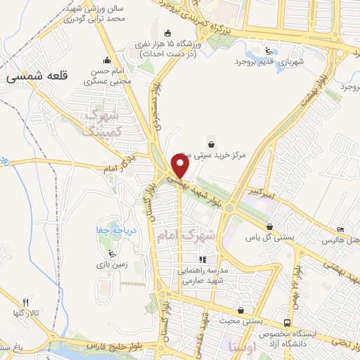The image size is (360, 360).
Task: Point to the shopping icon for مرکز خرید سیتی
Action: pos(212,143)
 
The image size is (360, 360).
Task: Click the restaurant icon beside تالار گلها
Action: pos(27,301)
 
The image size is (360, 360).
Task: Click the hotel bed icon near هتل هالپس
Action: pos(341,229)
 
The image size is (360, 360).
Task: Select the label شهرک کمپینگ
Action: pos(108,122)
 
